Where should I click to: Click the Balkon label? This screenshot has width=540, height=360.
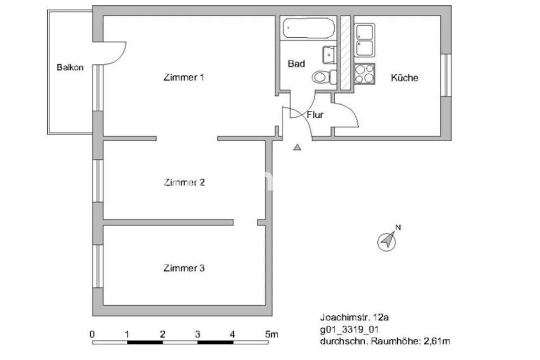tap(70, 67)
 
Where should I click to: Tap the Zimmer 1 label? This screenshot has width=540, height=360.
tap(184, 77)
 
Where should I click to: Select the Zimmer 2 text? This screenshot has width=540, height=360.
tap(184, 182)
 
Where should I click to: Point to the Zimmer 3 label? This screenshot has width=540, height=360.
tap(184, 268)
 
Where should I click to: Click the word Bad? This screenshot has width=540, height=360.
tap(296, 63)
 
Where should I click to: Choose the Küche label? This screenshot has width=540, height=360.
tap(405, 78)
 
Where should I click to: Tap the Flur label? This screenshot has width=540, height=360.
tap(315, 115)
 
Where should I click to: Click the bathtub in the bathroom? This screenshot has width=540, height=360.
tap(309, 28)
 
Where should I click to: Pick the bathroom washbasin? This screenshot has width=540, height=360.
tap(329, 55)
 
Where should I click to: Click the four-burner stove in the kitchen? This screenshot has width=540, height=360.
tap(365, 74)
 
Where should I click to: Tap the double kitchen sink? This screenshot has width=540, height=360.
tap(364, 40)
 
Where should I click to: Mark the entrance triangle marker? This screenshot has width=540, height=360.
tap(297, 147)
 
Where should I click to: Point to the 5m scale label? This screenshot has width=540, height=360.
tap(272, 334)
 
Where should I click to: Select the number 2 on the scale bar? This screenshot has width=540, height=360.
tap(163, 334)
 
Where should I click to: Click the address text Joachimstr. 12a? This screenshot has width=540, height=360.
tap(355, 318)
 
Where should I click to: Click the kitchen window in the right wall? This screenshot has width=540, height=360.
tap(446, 75)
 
